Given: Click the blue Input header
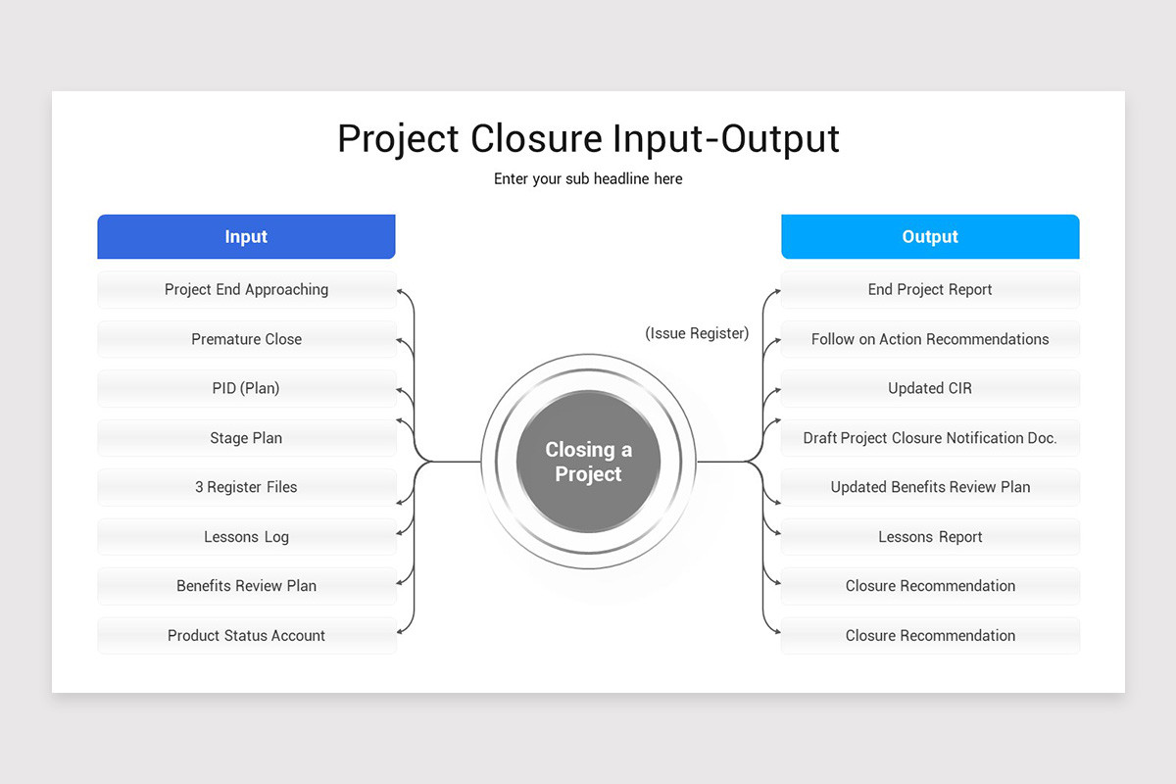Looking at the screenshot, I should (x=246, y=237).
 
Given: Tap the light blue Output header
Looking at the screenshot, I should (x=930, y=237).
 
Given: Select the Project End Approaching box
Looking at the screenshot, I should (x=246, y=290).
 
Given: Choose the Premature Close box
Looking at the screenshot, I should (x=246, y=339).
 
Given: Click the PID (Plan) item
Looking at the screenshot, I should (x=246, y=388).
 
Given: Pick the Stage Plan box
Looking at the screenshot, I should (x=246, y=438).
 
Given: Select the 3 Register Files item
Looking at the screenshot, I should (x=246, y=487).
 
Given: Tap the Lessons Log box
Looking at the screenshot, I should (x=246, y=537).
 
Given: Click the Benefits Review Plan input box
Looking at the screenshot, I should (x=246, y=586).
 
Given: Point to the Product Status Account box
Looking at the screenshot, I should (x=246, y=635).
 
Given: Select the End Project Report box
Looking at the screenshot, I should (x=930, y=290).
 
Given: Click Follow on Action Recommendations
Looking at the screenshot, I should (x=930, y=339).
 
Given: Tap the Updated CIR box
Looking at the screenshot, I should (x=930, y=388).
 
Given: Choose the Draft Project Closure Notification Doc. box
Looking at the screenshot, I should (x=930, y=438).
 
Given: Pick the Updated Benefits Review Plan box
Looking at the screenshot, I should (x=930, y=487).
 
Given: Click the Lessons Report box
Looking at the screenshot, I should (x=930, y=537).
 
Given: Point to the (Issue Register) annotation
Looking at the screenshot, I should (x=697, y=333).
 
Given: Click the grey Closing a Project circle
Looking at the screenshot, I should (x=588, y=462).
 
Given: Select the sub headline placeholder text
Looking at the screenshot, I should (x=588, y=179).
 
